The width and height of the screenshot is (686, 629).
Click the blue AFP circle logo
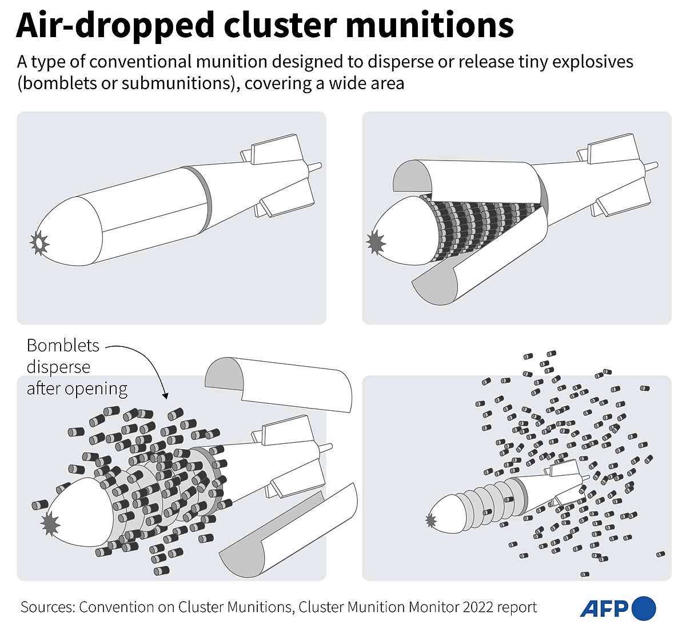pyautogui.click(x=644, y=608)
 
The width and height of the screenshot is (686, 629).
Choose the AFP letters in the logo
pyautogui.click(x=604, y=608)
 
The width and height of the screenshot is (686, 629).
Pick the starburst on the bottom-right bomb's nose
pyautogui.click(x=430, y=520)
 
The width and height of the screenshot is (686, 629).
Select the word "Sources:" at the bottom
pyautogui.click(x=47, y=607)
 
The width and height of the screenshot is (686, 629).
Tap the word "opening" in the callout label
pyautogui.click(x=96, y=388)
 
